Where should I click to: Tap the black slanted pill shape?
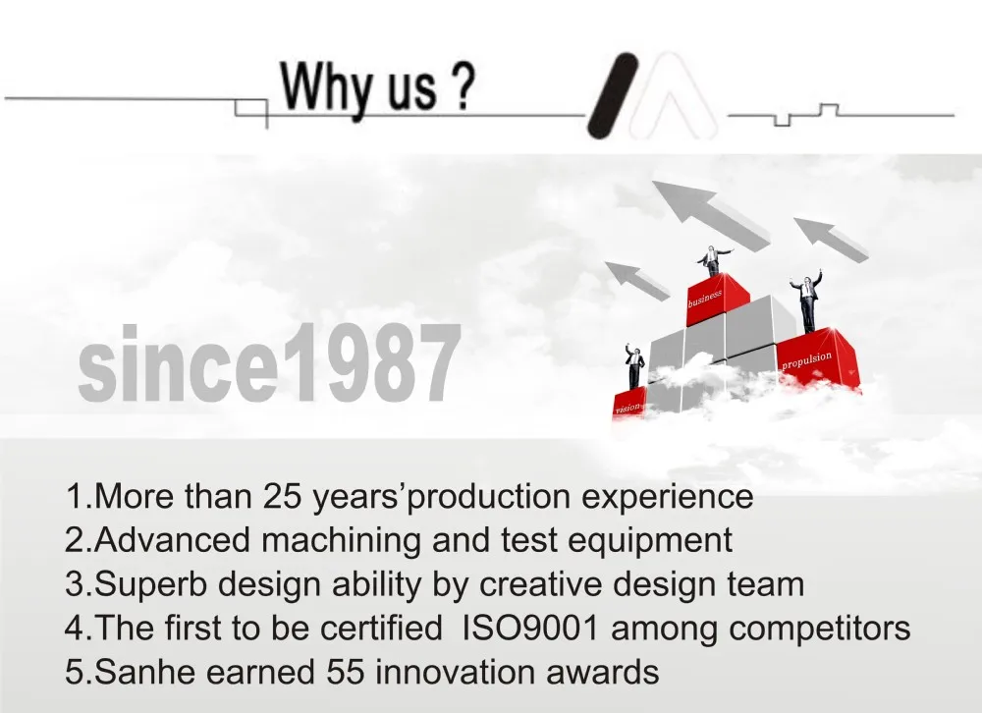[x=612, y=95]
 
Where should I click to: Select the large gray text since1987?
[x=269, y=363]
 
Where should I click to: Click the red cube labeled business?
[x=717, y=299]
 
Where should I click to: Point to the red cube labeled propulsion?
[x=817, y=360]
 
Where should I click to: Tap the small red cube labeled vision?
[x=628, y=404]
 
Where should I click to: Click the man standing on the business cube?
[x=713, y=260]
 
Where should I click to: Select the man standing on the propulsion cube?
[x=807, y=301]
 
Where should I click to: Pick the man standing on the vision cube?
[x=634, y=366]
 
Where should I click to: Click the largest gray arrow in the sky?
[x=711, y=214]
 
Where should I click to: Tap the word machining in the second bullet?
[x=341, y=541]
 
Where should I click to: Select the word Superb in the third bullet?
[x=151, y=584]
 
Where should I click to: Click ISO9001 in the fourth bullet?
[x=530, y=629]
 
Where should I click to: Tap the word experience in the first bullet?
[x=667, y=498]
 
